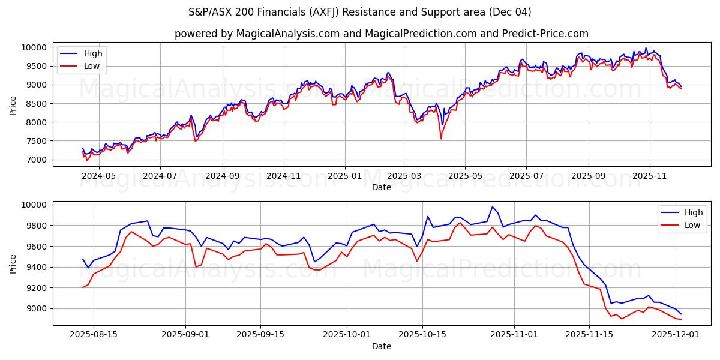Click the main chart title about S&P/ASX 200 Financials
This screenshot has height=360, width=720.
click(x=360, y=12)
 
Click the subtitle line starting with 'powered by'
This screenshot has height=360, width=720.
click(x=382, y=34)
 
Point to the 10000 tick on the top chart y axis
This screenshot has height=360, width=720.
click(x=34, y=47)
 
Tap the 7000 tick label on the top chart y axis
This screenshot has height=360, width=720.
click(x=36, y=160)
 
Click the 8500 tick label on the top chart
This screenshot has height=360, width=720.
click(x=36, y=104)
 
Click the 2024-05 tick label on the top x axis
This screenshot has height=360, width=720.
click(x=98, y=176)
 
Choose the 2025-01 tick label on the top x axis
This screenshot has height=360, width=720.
click(x=345, y=176)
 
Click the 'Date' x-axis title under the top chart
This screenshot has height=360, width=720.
click(x=382, y=187)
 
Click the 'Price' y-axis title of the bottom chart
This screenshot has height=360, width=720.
click(x=13, y=263)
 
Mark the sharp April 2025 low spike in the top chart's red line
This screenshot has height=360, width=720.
click(x=441, y=139)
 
